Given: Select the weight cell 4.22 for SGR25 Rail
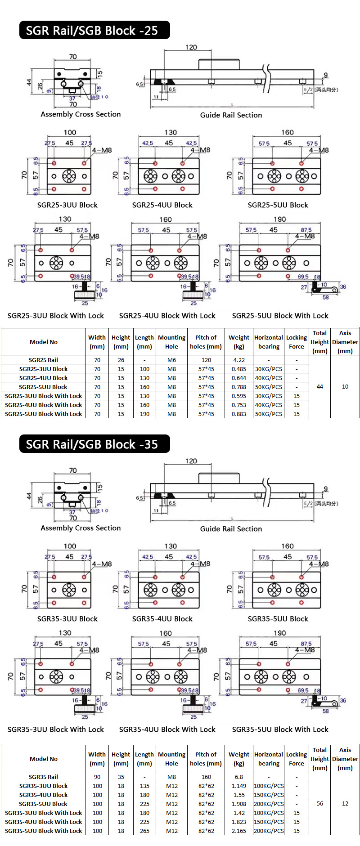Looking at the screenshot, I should (239, 360).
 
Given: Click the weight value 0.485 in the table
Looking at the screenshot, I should (239, 369).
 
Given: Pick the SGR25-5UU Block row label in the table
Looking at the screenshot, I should (43, 387).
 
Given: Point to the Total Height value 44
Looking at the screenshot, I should (320, 386).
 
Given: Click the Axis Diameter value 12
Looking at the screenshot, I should (345, 803).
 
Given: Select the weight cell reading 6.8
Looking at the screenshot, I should (239, 777).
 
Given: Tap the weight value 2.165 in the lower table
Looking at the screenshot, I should (239, 831).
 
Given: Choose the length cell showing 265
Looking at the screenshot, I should (144, 831).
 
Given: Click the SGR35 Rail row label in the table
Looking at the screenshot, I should (43, 777).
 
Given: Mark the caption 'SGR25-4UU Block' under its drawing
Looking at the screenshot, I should (162, 205).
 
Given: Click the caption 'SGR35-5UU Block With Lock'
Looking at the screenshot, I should (280, 729).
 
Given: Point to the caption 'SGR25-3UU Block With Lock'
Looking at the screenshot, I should (56, 316).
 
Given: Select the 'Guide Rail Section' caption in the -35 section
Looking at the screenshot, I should (231, 529).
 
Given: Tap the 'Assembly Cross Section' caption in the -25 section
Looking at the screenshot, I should (81, 114).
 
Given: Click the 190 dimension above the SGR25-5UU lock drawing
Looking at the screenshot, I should (280, 219).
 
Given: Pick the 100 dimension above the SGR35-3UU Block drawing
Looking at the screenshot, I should (70, 546).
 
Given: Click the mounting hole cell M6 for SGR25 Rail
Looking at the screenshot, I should (171, 360).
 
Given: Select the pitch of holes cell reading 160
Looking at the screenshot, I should (206, 777).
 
